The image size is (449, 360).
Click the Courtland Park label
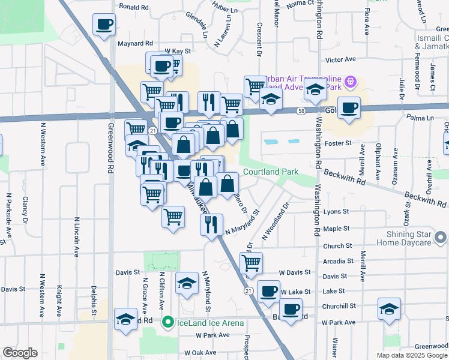271,172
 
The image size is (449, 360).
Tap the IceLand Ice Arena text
209,323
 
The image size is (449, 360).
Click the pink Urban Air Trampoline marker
351,81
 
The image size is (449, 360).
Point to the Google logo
20,353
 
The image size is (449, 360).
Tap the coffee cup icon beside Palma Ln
349,108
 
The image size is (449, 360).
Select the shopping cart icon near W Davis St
251,263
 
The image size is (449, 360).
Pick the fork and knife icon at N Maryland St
211,224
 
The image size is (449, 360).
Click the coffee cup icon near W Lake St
268,292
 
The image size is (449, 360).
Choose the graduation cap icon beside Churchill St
389,308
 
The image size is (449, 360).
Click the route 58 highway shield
300,110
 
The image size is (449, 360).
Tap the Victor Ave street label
340,60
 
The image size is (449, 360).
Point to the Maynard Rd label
135,44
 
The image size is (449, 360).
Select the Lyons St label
336,212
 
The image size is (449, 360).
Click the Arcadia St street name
337,261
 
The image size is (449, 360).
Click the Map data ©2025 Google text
411,355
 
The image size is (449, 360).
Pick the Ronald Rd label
133,7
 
